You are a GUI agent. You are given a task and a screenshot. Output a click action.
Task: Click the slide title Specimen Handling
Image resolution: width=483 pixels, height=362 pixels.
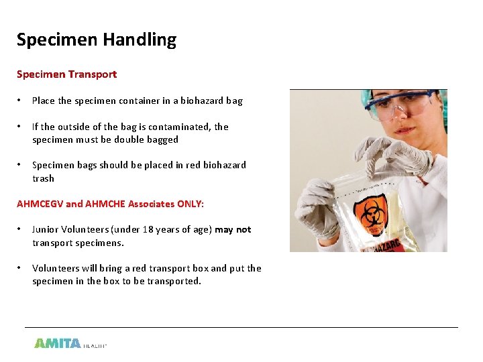[96, 40]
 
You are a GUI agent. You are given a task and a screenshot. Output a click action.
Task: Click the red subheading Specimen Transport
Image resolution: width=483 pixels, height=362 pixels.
[66, 74]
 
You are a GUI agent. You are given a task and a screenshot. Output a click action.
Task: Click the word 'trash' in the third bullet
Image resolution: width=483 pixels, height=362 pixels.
[44, 178]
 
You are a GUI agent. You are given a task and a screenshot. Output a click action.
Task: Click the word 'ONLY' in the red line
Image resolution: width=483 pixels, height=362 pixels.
[190, 204]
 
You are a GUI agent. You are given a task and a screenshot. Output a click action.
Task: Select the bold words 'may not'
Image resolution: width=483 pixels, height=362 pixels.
[233, 229]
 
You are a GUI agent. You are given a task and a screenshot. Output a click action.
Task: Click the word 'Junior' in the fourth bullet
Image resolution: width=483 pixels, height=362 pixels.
[46, 229]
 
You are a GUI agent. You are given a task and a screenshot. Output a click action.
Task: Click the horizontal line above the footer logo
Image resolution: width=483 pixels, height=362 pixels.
[241, 327]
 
